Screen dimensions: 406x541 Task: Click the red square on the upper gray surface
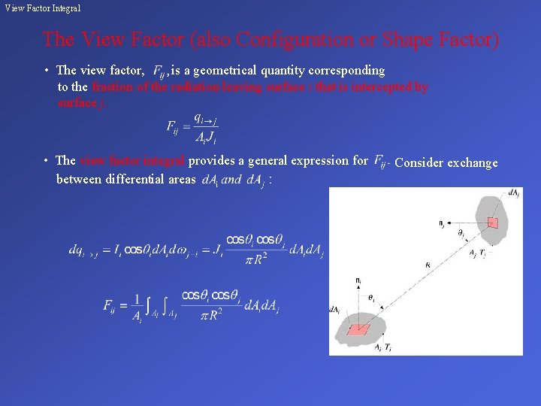493,222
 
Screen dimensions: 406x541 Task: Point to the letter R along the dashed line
427,265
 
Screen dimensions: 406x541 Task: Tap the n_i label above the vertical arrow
358,280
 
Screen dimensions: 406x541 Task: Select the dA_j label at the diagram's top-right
513,194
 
